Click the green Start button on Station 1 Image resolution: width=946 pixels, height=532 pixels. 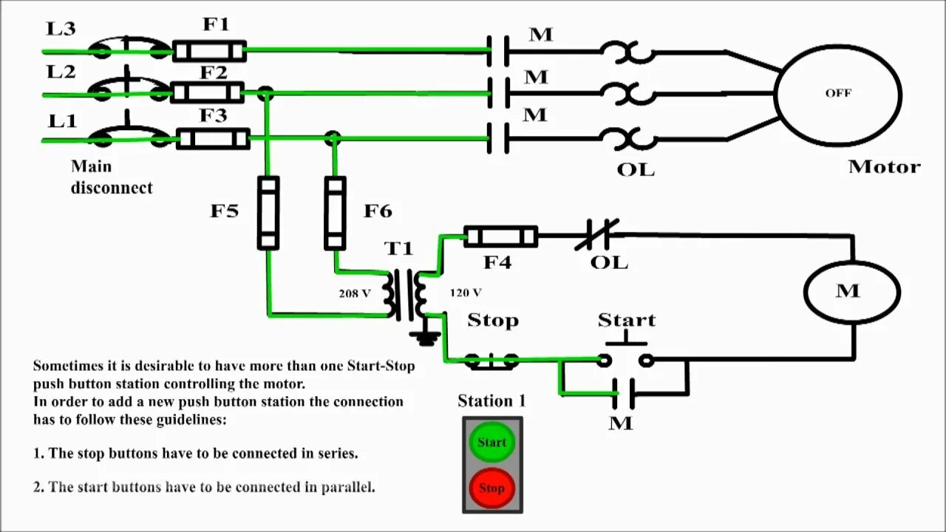[491, 442]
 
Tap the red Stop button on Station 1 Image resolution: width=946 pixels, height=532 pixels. [491, 488]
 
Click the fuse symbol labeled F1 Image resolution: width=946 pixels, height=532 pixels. [209, 51]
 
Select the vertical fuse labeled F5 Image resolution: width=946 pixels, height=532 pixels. [268, 212]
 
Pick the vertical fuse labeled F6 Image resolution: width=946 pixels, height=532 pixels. [336, 213]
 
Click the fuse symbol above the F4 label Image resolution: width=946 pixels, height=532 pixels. [500, 236]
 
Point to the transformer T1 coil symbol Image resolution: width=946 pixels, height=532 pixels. [405, 294]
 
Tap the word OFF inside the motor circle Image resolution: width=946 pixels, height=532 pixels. [838, 93]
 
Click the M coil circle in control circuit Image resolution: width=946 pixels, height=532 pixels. [851, 291]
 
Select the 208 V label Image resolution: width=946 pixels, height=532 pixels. [355, 293]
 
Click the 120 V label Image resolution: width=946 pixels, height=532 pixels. [466, 293]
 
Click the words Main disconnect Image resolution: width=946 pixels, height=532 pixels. [112, 177]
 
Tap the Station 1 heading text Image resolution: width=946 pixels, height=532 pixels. [491, 401]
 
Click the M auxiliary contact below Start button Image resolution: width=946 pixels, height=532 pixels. [623, 393]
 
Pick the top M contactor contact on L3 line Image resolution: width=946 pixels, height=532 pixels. [497, 51]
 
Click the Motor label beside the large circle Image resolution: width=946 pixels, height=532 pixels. [884, 167]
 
